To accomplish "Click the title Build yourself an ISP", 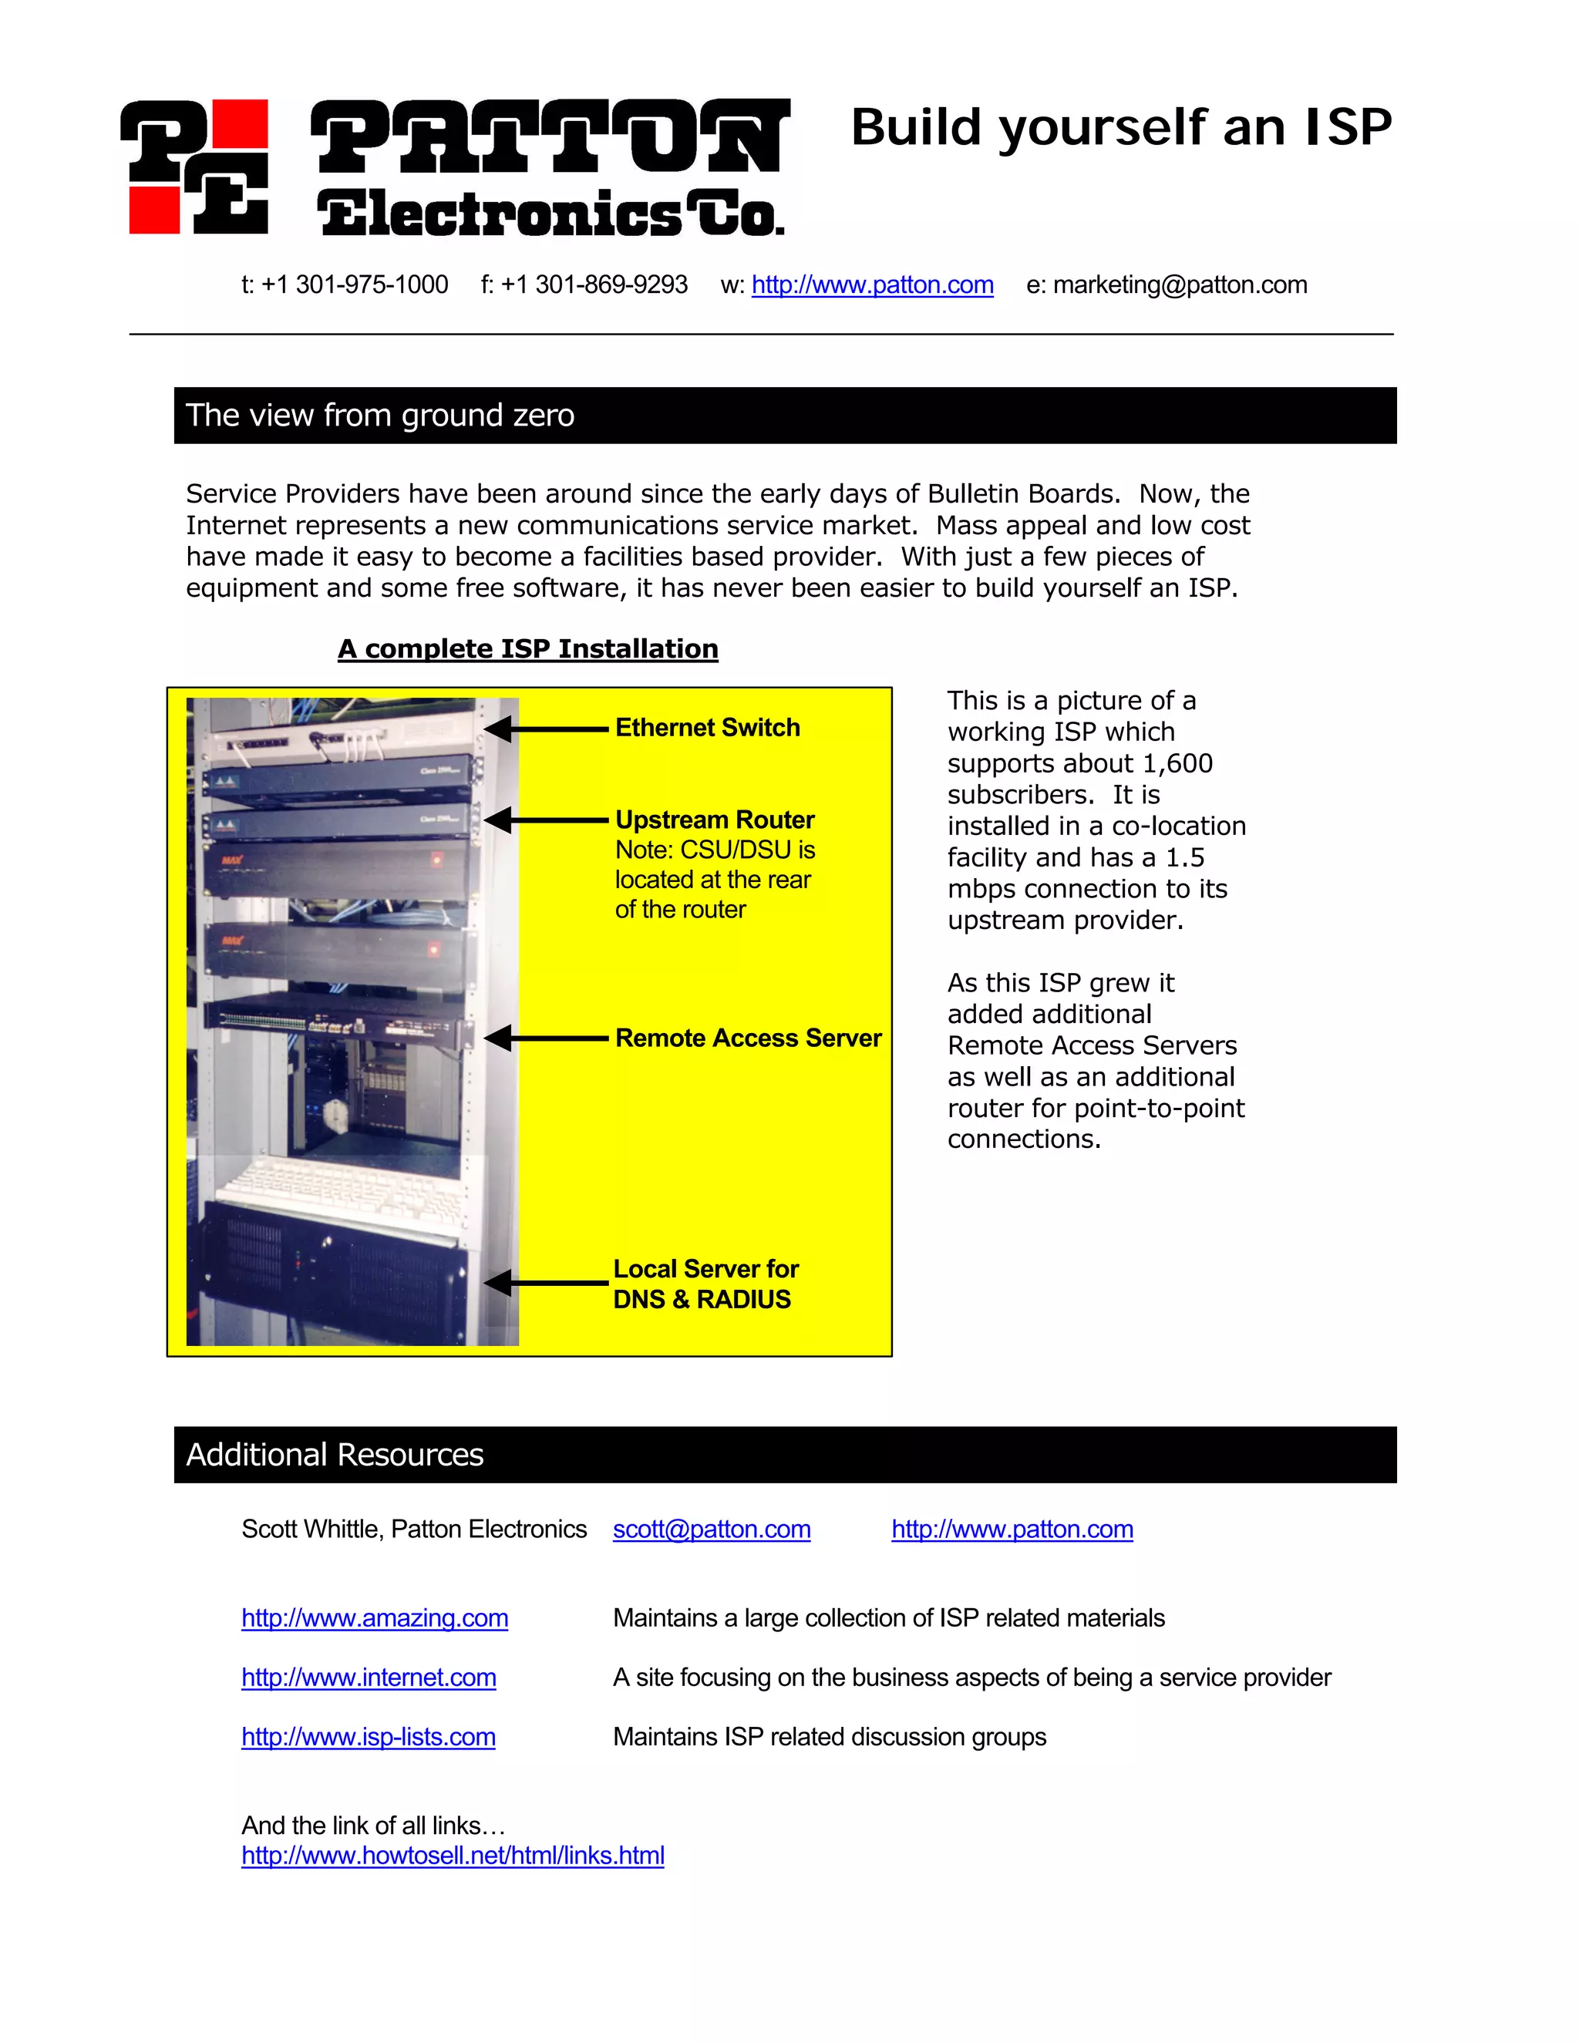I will pyautogui.click(x=1120, y=127).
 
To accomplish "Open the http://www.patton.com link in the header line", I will pyautogui.click(x=872, y=284).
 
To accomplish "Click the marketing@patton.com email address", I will pyautogui.click(x=1180, y=284).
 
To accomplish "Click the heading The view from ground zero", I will pyautogui.click(x=380, y=416).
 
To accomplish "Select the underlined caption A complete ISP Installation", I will pyautogui.click(x=527, y=648).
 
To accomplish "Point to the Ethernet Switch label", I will pyautogui.click(x=707, y=728).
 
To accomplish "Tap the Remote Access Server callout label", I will pyautogui.click(x=747, y=1038).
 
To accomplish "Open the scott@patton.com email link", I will pyautogui.click(x=711, y=1530).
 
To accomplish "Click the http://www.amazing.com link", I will pyautogui.click(x=374, y=1618).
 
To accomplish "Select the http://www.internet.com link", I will pyautogui.click(x=369, y=1678).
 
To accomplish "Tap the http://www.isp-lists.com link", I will pyautogui.click(x=368, y=1737).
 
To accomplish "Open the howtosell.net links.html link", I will pyautogui.click(x=453, y=1856).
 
